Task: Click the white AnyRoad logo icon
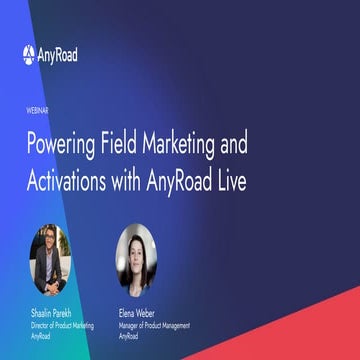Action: point(29,54)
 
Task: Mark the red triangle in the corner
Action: point(320,335)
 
